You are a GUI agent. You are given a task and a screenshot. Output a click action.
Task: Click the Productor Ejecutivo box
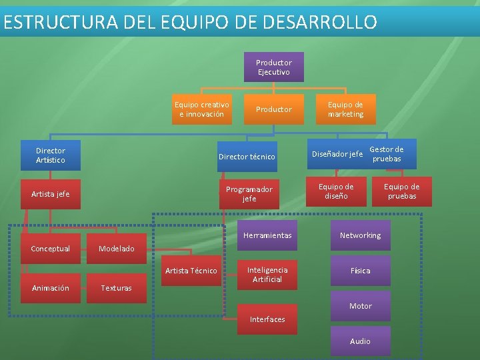(x=273, y=67)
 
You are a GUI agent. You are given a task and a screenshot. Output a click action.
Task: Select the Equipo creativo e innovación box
(x=201, y=109)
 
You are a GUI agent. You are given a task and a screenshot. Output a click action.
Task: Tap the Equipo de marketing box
(x=345, y=109)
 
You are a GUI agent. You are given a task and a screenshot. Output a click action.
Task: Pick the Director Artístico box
(x=51, y=155)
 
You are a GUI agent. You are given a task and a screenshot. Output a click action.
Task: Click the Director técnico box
(x=247, y=157)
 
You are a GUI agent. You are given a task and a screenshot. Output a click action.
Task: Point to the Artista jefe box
(x=51, y=194)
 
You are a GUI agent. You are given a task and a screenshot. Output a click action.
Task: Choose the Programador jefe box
(x=249, y=194)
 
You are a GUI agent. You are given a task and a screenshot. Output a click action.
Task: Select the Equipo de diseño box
(x=336, y=191)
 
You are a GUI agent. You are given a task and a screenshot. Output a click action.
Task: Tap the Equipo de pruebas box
(x=401, y=191)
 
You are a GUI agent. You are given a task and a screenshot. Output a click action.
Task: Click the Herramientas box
(x=267, y=235)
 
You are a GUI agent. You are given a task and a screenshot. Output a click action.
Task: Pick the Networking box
(x=360, y=235)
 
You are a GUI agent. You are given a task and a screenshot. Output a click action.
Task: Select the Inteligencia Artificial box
(x=267, y=274)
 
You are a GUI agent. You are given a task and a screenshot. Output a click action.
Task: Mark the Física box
(x=360, y=271)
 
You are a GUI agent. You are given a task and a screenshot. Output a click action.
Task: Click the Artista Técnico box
(x=191, y=271)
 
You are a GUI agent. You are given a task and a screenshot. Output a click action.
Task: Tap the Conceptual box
(x=51, y=249)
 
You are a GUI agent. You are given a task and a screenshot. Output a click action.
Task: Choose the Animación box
(x=51, y=288)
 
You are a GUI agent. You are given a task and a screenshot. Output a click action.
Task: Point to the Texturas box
(x=116, y=288)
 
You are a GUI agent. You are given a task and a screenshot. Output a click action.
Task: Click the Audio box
(x=360, y=341)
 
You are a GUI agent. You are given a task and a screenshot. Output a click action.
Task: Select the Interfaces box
(x=267, y=319)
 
